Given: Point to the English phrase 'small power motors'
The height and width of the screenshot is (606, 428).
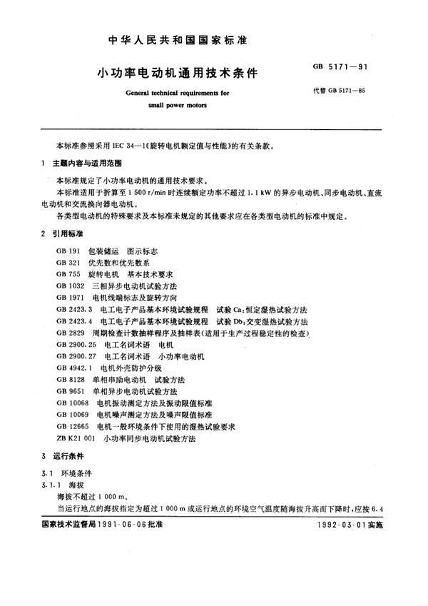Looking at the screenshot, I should (x=177, y=105).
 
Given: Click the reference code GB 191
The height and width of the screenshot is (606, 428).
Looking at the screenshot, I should (x=66, y=251).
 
